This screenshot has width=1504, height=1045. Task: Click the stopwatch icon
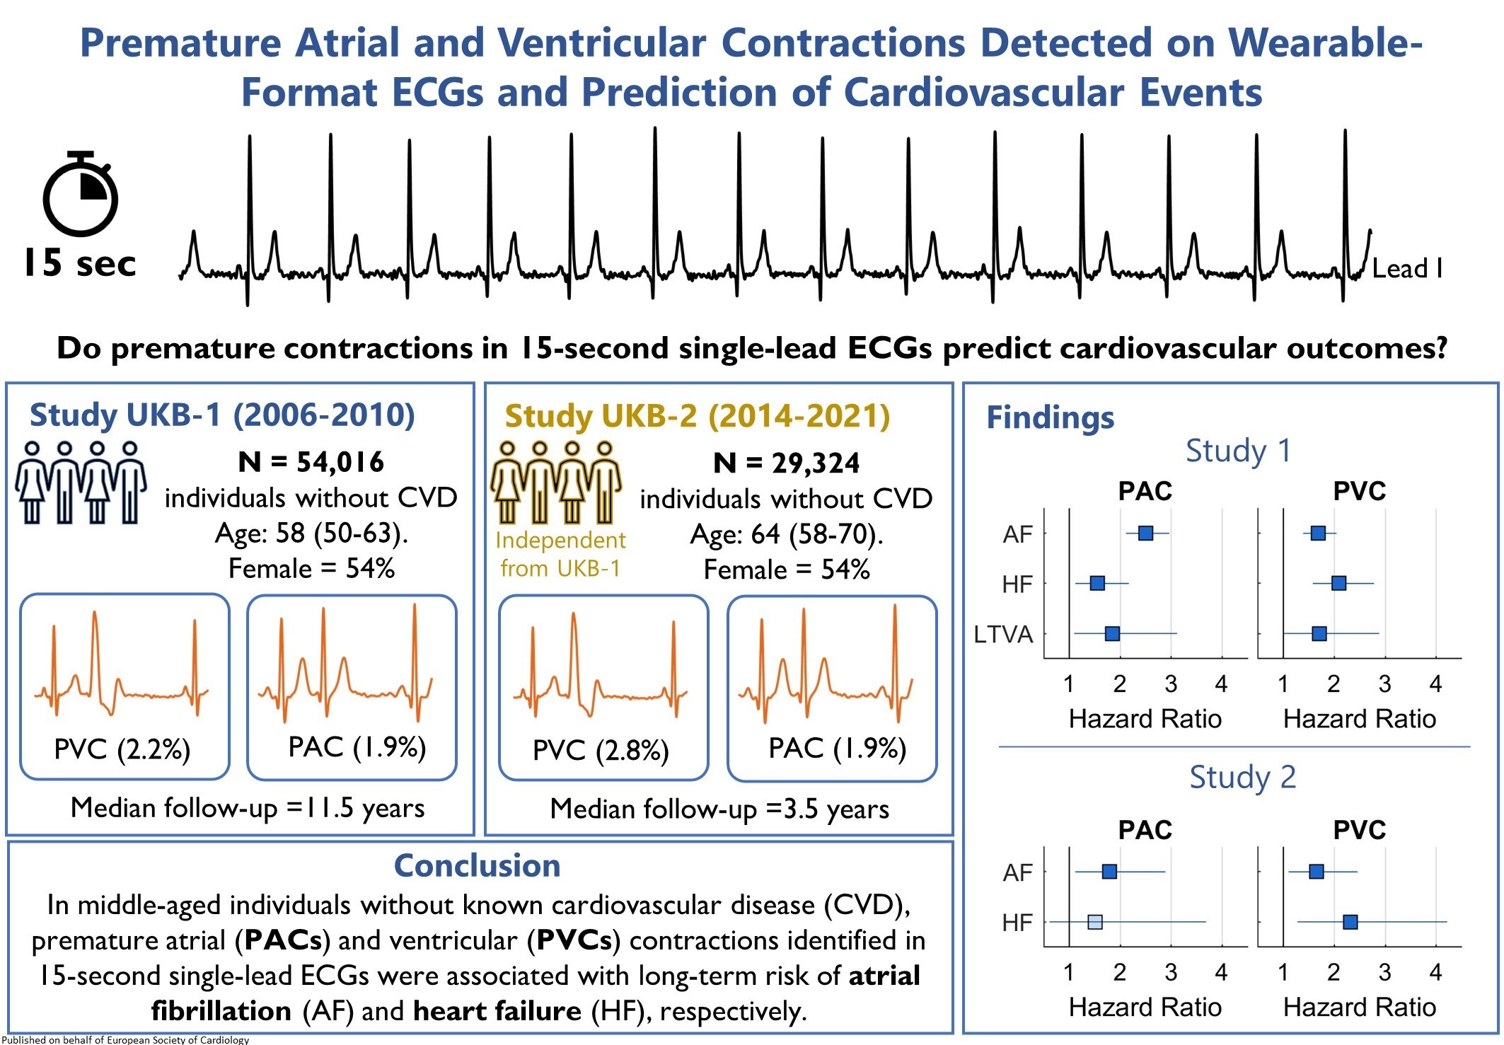tap(80, 194)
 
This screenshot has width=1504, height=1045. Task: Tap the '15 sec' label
tap(79, 263)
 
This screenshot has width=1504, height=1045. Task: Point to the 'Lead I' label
tap(1406, 269)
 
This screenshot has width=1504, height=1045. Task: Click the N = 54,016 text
tap(311, 462)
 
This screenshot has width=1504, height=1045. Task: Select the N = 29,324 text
tap(786, 463)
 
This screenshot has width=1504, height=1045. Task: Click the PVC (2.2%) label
tap(122, 749)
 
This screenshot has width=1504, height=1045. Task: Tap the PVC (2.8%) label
tap(601, 750)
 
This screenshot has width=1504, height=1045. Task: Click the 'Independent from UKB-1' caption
tap(560, 554)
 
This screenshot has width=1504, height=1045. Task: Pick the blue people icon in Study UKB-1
tap(81, 483)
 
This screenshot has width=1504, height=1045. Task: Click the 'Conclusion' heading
tap(477, 865)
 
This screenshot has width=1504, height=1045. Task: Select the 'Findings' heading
tap(1050, 417)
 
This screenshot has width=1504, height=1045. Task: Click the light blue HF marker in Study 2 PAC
tap(1094, 922)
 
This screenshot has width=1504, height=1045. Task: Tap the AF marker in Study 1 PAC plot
tap(1145, 533)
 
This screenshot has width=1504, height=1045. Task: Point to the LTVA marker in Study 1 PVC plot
tap(1319, 633)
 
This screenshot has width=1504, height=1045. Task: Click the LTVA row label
tap(1003, 635)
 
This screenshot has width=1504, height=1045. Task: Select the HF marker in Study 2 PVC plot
tap(1350, 922)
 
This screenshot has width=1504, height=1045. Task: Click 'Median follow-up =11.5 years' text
tap(248, 808)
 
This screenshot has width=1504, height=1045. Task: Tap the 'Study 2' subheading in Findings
tap(1242, 777)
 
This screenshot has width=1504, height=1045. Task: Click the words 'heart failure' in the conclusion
tap(497, 1011)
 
